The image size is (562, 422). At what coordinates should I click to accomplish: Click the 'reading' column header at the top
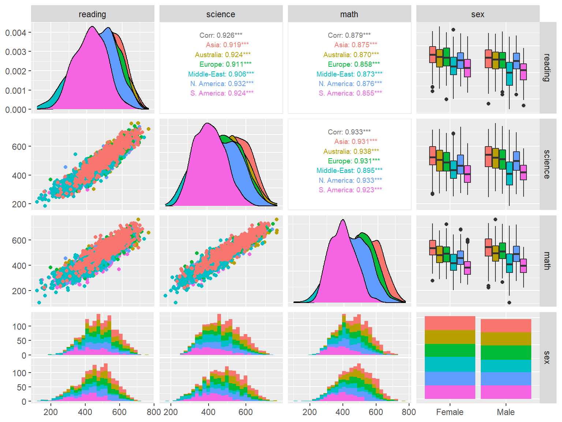tap(92, 14)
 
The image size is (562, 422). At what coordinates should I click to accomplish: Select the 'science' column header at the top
tap(221, 14)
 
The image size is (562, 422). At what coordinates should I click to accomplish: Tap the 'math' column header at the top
tap(349, 14)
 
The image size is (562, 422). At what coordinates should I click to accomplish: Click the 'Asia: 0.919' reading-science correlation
tap(227, 45)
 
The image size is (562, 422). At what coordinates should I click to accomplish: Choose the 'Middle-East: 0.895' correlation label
tap(349, 170)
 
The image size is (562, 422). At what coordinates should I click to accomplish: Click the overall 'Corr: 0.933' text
tap(349, 132)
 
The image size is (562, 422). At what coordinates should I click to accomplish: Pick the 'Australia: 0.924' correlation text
tap(223, 55)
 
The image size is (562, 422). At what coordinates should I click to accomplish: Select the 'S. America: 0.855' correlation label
tap(350, 93)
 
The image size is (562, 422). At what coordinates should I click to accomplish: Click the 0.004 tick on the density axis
tap(15, 33)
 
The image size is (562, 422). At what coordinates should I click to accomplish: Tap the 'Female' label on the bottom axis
tap(450, 412)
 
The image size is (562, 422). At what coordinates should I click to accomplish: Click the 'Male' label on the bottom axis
tap(506, 412)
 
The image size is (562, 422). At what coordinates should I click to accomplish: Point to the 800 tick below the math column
tap(409, 412)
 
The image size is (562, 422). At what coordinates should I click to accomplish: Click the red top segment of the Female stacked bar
tap(450, 323)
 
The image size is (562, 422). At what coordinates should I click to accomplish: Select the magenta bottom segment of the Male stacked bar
tap(506, 392)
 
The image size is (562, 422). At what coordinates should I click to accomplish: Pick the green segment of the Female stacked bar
tap(450, 351)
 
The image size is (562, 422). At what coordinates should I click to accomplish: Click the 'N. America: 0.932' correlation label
tap(222, 84)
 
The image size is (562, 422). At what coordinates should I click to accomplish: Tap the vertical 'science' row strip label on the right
tap(547, 164)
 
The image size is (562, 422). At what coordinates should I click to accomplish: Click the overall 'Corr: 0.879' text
tap(349, 35)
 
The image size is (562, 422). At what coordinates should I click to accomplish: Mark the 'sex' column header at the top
tap(477, 14)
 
